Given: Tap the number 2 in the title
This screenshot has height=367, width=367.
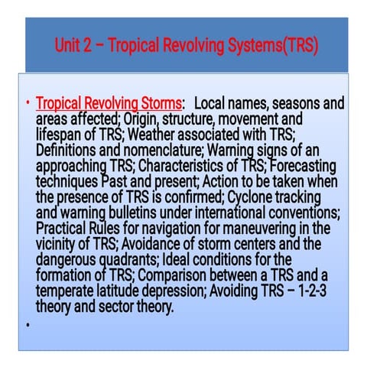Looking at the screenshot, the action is coord(87,45).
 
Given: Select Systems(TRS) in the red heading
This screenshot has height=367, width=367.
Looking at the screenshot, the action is coord(273,46).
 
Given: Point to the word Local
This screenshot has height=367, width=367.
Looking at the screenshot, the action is coord(209,103).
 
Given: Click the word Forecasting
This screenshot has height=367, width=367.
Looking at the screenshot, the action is coord(303,166).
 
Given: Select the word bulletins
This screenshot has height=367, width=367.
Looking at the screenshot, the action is coord(132,213).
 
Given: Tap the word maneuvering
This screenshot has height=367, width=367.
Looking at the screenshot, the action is coord(259,229).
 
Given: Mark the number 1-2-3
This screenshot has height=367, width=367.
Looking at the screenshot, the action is coord(312,291).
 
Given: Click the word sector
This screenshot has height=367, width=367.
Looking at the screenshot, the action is coord(116,307).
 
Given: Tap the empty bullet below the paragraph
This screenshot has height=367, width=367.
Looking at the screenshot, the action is coord(28,325).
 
